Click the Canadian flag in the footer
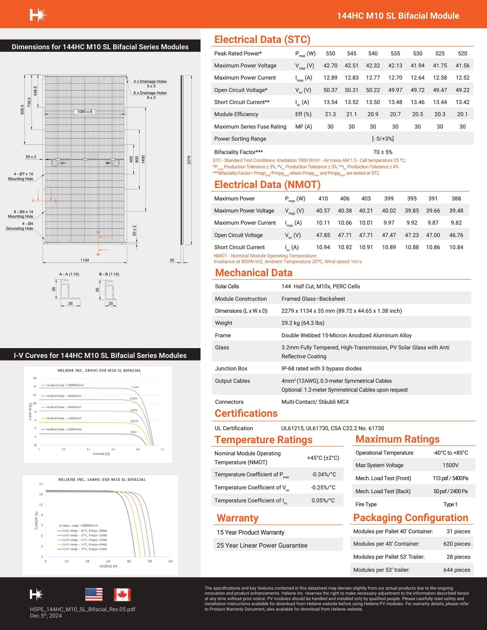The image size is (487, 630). point(122,595)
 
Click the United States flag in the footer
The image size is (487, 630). point(94,595)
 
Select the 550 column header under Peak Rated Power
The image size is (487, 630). point(330,53)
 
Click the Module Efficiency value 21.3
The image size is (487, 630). point(330,114)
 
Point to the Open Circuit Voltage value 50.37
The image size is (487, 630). point(330,90)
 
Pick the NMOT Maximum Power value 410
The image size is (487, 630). point(323,198)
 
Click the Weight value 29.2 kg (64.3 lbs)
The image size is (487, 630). point(303,323)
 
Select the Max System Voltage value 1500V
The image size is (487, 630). point(450,465)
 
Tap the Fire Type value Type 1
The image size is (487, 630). point(450,504)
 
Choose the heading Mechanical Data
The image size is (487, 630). point(253,273)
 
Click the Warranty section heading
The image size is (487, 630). point(238,518)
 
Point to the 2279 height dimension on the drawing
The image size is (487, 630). point(189,160)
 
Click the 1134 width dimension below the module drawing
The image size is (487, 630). point(85,260)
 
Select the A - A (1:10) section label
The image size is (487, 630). point(69,274)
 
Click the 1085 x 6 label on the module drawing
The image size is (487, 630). point(85,112)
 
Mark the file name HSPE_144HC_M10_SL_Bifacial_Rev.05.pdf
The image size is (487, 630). point(83,609)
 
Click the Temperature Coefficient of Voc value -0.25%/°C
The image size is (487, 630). point(323,487)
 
